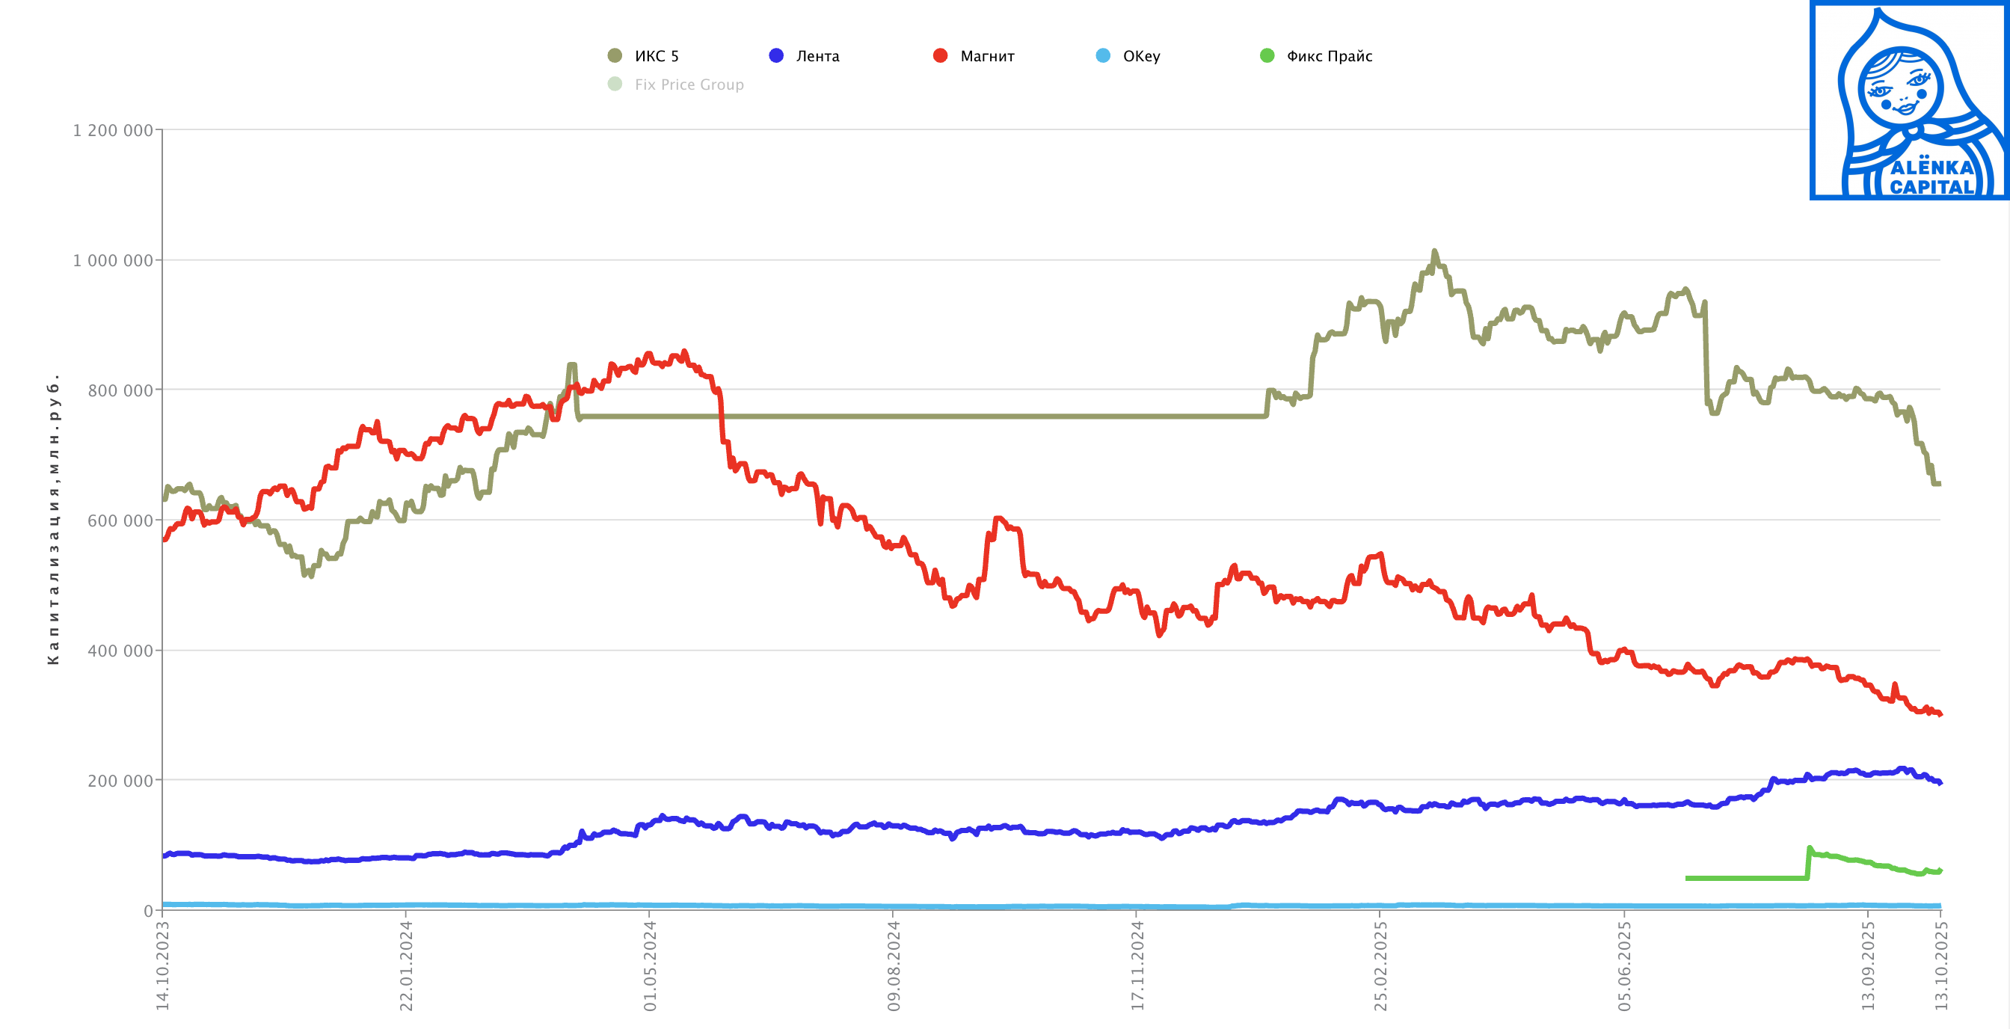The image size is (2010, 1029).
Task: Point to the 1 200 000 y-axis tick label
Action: coord(112,130)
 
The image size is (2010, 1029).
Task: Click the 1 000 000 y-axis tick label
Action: coord(112,260)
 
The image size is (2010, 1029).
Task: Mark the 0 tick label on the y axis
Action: coord(148,910)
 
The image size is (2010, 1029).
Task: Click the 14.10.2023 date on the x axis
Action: coord(163,965)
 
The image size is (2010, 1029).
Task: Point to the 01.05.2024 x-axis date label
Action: coord(650,965)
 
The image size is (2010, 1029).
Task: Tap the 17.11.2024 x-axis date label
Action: coord(1137,965)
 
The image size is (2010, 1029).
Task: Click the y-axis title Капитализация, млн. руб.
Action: coord(53,520)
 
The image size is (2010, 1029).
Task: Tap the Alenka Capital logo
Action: coord(1908,101)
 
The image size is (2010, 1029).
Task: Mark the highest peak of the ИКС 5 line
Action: coord(1434,252)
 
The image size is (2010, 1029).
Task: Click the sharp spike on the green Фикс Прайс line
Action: coord(1810,848)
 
